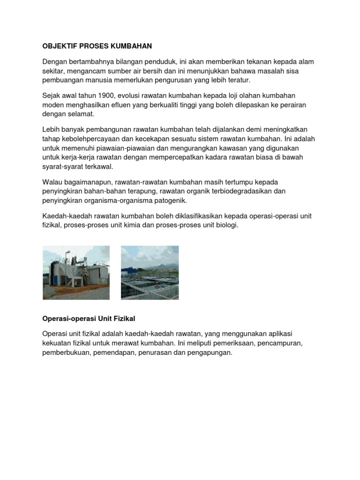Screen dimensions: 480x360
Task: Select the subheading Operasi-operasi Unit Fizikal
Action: [x=89, y=319]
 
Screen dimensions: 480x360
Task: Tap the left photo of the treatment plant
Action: [x=76, y=272]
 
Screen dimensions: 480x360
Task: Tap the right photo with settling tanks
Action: [x=150, y=272]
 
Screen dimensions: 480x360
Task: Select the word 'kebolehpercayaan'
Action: [x=89, y=138]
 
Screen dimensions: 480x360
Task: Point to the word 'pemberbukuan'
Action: [x=64, y=352]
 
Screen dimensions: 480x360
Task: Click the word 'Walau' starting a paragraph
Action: [x=52, y=182]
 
